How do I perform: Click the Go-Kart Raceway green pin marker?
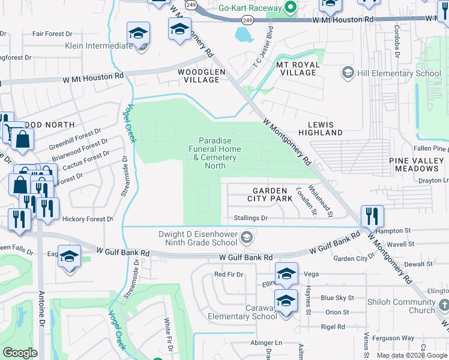pos(291,8)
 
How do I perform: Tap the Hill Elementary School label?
pos(399,74)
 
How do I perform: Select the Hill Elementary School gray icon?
pos(347,73)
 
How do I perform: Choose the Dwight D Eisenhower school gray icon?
pos(246,239)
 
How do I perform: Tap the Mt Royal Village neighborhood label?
pos(296,68)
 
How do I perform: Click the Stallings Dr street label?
pos(246,218)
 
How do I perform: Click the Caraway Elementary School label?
pos(243,312)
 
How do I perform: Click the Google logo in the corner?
pos(20,353)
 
